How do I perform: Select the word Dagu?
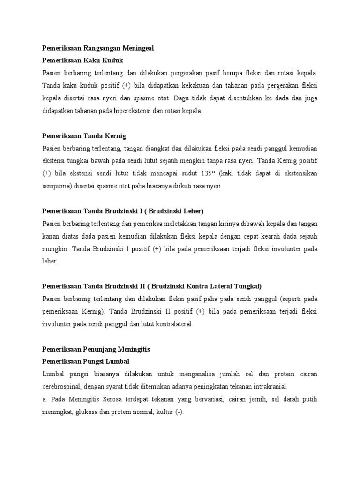[184, 98]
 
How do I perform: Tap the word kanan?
[51, 236]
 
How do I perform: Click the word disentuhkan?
[244, 98]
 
